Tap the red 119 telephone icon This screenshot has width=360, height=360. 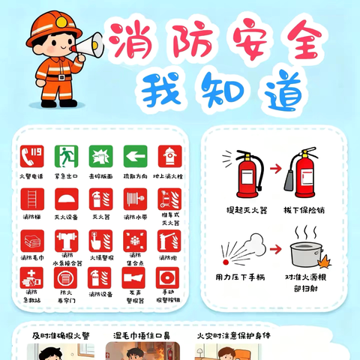31,156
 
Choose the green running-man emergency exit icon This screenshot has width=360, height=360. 66,156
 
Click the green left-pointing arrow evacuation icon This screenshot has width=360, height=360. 135,156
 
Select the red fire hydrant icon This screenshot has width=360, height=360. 169,156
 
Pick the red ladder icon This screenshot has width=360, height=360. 31,199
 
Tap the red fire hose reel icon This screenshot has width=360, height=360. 135,199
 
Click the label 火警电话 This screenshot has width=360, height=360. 31,175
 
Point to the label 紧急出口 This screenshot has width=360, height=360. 66,175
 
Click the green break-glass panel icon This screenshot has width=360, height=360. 100,156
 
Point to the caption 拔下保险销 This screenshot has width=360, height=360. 305,210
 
